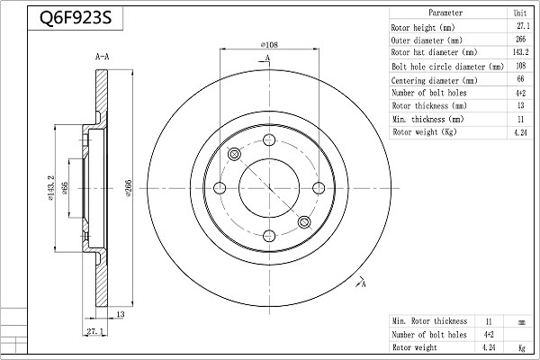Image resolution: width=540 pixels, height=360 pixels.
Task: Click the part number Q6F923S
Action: pyautogui.click(x=76, y=18)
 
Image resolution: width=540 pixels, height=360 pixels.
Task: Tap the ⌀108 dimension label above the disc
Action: pyautogui.click(x=269, y=44)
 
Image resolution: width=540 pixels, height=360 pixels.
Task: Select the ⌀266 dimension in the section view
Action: pyautogui.click(x=129, y=188)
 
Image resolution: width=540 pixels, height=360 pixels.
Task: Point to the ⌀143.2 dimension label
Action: pyautogui.click(x=51, y=188)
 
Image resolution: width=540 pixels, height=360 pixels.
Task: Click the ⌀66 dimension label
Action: pyautogui.click(x=65, y=188)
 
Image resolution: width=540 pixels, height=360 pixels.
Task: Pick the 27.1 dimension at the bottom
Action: pyautogui.click(x=95, y=331)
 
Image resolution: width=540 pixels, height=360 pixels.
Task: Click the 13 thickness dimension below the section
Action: pyautogui.click(x=121, y=314)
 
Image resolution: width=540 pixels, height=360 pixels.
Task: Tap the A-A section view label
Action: pyautogui.click(x=103, y=57)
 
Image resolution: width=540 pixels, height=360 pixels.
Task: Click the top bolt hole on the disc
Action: pyautogui.click(x=269, y=140)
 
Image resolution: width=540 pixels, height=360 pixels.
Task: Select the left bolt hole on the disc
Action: pyautogui.click(x=220, y=188)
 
